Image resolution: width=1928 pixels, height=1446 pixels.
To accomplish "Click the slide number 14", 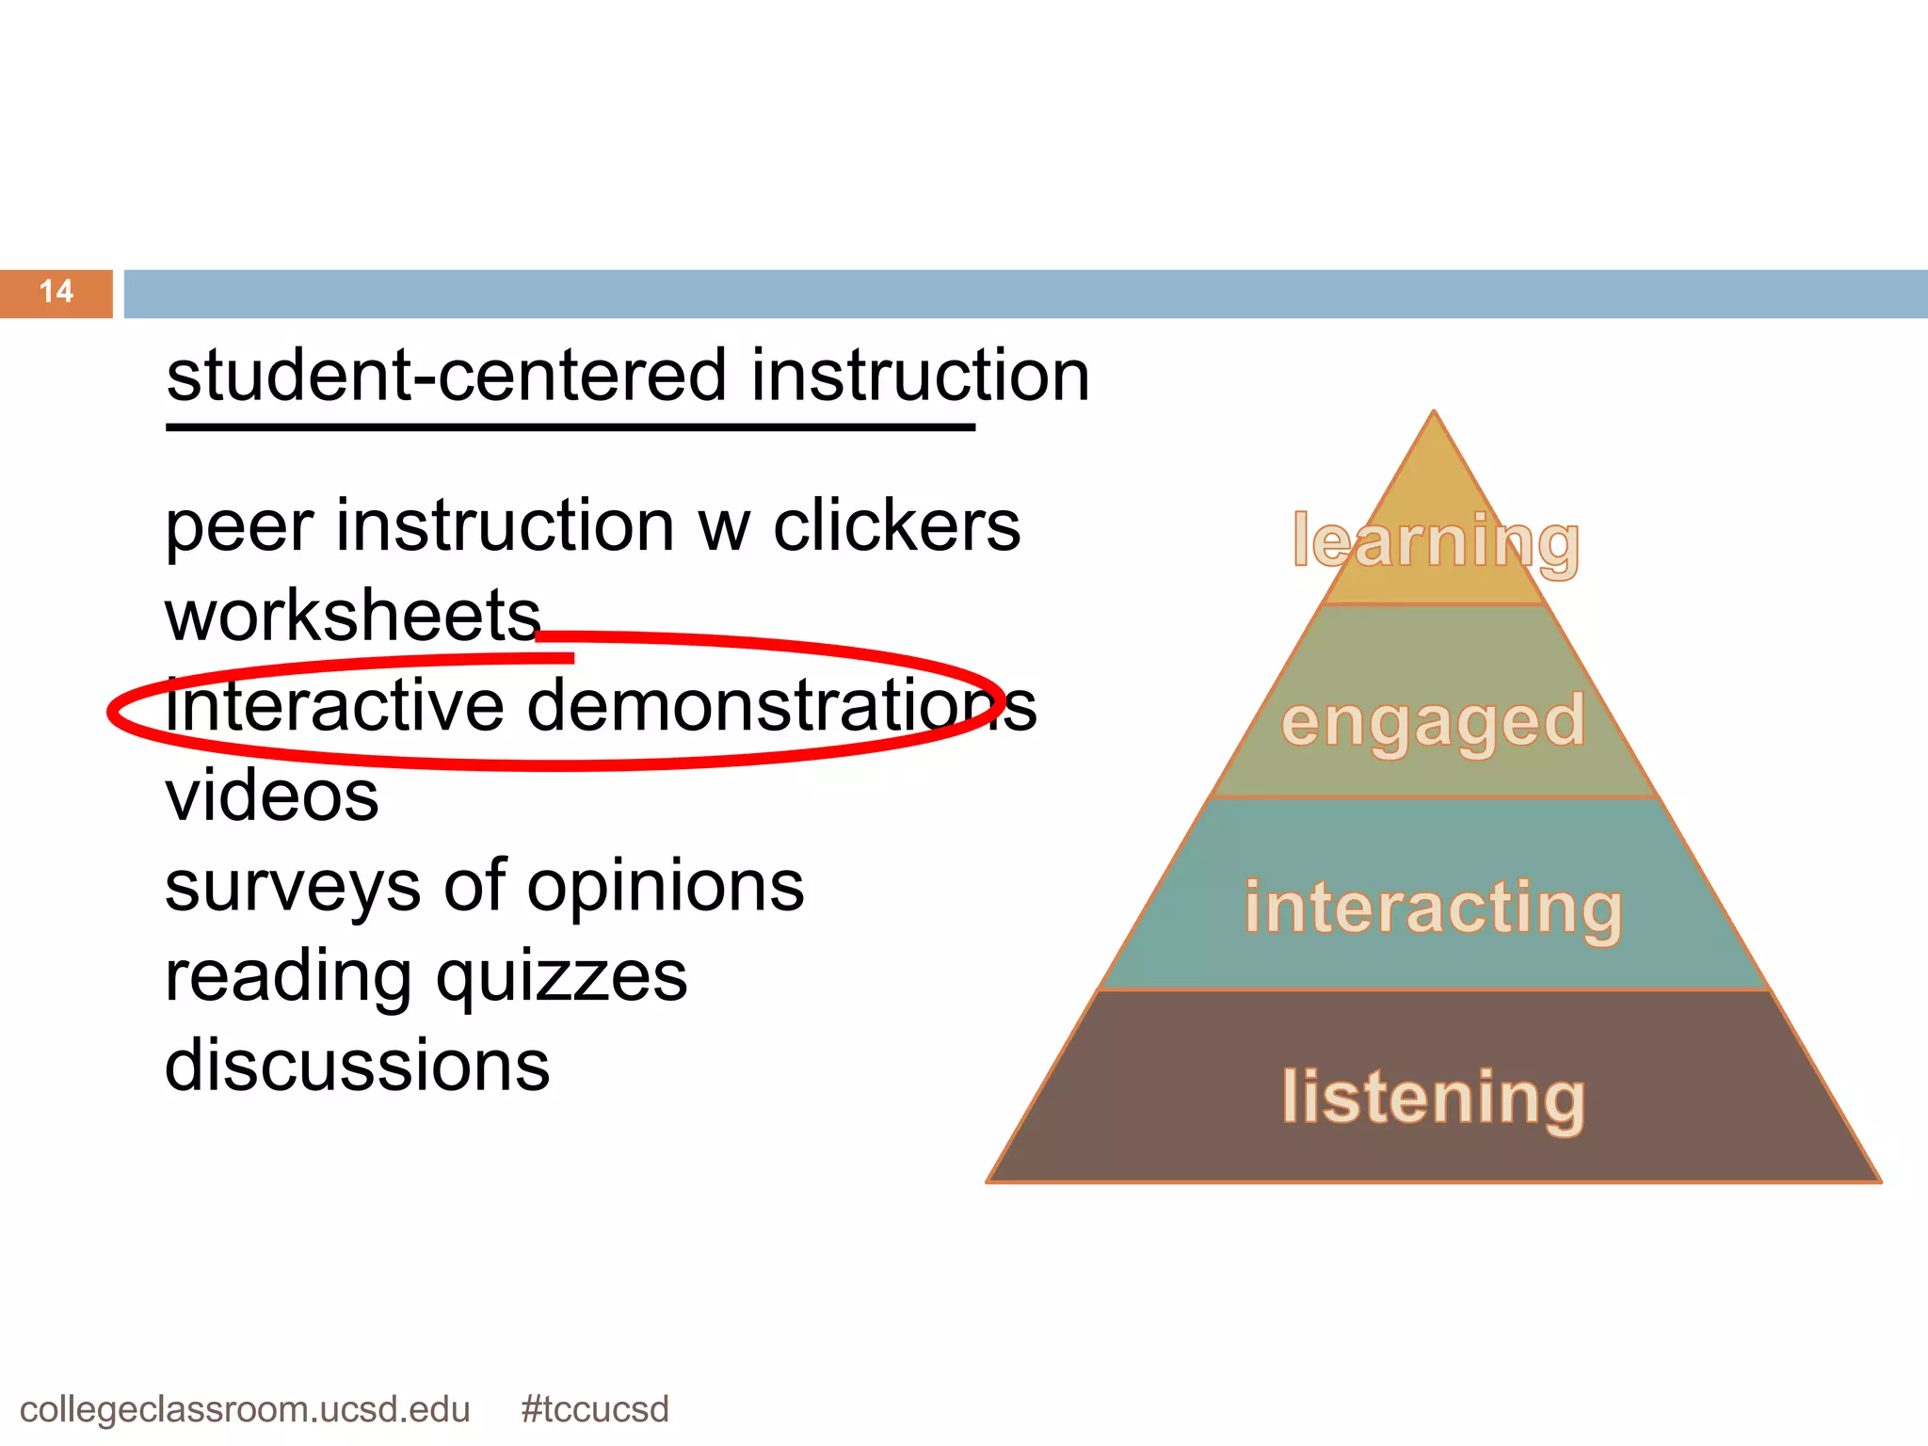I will tap(56, 292).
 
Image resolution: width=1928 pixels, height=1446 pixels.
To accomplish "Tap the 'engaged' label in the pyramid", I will tap(1433, 721).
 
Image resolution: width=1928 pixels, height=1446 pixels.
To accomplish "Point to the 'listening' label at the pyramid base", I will tap(1433, 1097).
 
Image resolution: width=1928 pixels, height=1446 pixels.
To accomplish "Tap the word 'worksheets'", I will tap(353, 617).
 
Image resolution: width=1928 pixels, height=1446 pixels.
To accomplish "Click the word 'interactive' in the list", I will tap(335, 706).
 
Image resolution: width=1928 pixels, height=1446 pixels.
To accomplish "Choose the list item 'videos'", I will tap(272, 796).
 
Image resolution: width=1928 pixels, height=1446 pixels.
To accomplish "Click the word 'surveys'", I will tap(293, 887).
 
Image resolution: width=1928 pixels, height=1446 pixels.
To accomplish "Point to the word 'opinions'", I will tap(666, 887).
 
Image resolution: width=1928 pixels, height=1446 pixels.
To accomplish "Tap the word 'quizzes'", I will tap(562, 977).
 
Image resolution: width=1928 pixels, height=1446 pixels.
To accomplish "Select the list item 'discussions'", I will tap(357, 1066).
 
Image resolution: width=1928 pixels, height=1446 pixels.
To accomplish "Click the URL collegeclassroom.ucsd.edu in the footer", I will tap(245, 1409).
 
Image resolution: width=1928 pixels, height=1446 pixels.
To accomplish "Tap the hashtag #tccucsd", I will tap(595, 1409).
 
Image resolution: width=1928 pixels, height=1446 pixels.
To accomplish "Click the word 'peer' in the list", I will tap(239, 527).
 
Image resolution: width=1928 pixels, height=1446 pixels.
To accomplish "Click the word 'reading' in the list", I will tap(288, 977).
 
